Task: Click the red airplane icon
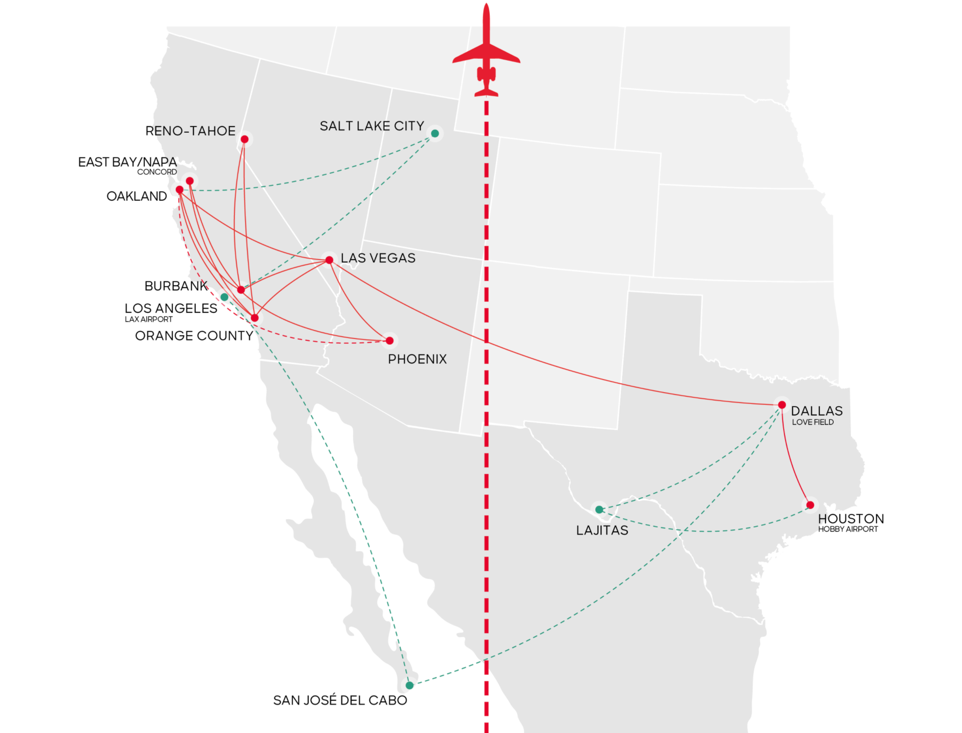486,54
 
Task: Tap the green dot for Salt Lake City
435,134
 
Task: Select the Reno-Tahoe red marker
245,139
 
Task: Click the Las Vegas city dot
329,260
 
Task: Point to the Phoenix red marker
389,341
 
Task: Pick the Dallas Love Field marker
782,405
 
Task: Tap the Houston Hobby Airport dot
810,505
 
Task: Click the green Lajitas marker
599,510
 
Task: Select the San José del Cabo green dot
410,685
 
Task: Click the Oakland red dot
180,190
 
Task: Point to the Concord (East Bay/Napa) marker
190,181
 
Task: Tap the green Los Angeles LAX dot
224,297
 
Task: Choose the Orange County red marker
255,318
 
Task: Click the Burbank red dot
241,290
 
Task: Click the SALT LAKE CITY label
372,126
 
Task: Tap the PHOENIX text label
417,359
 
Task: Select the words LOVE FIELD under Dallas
813,422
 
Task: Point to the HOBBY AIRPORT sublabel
848,529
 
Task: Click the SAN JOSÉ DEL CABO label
340,700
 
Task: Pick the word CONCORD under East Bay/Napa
157,172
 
